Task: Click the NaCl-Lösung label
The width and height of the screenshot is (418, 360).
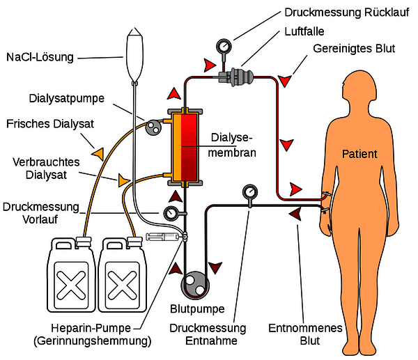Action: (x=40, y=57)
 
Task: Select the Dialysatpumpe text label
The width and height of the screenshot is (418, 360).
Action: (x=67, y=99)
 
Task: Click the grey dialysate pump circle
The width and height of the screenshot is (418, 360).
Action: (x=153, y=127)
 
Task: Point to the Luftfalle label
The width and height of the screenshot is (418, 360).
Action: (x=304, y=31)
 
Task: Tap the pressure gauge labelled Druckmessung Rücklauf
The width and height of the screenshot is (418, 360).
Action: (x=224, y=47)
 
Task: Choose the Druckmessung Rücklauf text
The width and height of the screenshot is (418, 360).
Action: (x=347, y=13)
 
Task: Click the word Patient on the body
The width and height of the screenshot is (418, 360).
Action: (x=359, y=154)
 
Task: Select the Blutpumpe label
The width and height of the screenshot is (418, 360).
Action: (x=197, y=309)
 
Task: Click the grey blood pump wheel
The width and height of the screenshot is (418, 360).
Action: (x=195, y=285)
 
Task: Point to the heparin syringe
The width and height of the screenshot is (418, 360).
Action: (x=164, y=236)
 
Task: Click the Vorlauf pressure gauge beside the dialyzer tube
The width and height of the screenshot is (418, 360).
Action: (x=171, y=214)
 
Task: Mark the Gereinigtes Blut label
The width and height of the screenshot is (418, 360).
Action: (x=354, y=49)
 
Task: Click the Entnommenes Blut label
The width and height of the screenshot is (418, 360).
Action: (x=305, y=334)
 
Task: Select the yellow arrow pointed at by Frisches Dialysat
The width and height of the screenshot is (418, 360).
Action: (x=98, y=154)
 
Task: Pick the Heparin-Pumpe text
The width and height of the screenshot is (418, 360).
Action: (x=91, y=328)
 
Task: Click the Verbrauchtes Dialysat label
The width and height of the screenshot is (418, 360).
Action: (x=46, y=169)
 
